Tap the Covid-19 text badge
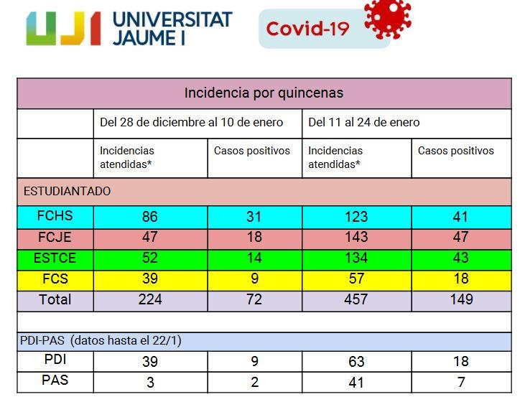click(x=307, y=29)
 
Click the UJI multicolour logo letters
click(x=63, y=29)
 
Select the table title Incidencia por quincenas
click(x=264, y=93)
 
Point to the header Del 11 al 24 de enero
click(x=364, y=122)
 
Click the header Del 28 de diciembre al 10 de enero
click(x=192, y=122)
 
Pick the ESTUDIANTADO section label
click(x=68, y=192)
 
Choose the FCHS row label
click(x=55, y=215)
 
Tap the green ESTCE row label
click(x=55, y=257)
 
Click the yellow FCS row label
click(x=55, y=278)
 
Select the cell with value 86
click(x=150, y=216)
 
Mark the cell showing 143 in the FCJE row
click(x=356, y=237)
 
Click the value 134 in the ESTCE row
click(x=356, y=258)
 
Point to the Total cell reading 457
click(x=356, y=299)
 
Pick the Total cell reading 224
click(x=150, y=299)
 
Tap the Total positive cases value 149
click(x=461, y=299)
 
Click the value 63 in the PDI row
click(x=356, y=361)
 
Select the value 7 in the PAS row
click(x=461, y=382)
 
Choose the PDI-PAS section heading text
click(x=101, y=341)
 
